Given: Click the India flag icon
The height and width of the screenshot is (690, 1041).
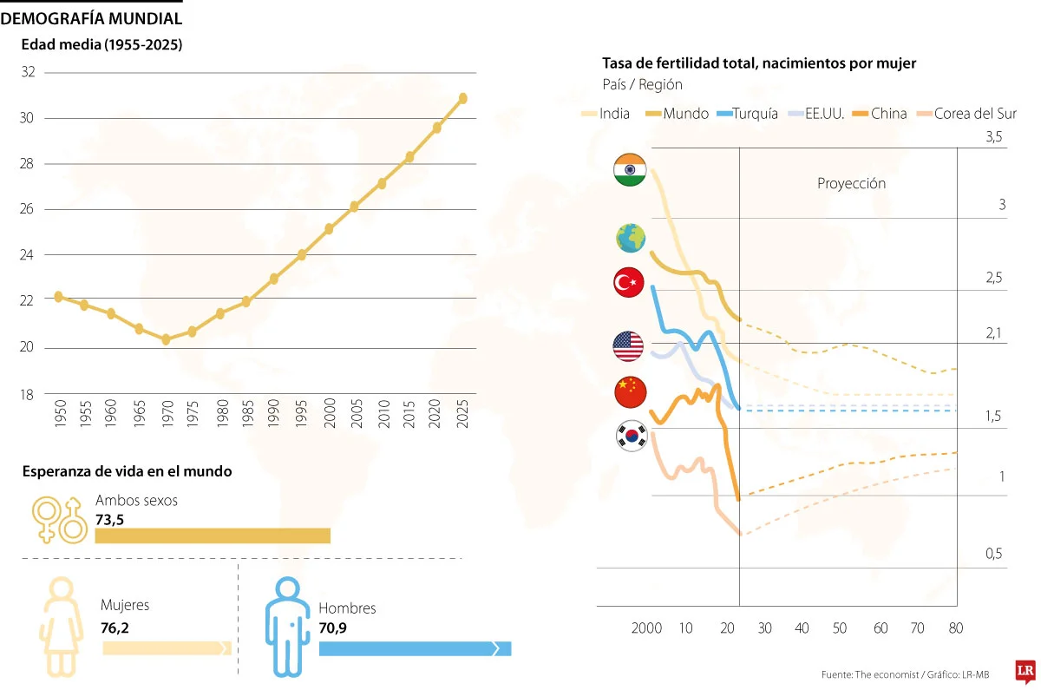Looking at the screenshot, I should coord(629,169).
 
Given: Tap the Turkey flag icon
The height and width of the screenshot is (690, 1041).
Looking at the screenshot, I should coord(629,283).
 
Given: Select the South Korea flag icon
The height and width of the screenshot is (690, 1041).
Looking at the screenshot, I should coord(629,436).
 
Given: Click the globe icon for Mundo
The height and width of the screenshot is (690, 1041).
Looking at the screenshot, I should coord(629,237).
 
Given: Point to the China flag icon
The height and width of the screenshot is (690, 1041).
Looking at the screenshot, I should coord(629,391).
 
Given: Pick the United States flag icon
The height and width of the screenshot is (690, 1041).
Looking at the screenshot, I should coord(629,347).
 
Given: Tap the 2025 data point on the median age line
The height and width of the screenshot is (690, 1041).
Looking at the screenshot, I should coord(463,98).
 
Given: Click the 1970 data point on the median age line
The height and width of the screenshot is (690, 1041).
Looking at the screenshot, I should coord(166,339).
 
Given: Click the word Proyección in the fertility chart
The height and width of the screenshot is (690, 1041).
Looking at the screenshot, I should coord(851,184).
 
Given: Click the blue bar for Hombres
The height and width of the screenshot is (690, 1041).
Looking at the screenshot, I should coord(415,649).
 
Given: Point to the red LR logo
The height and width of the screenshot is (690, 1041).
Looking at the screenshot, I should coord(1025,672).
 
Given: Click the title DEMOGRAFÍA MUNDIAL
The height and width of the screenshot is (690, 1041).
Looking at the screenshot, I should coord(92,18).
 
